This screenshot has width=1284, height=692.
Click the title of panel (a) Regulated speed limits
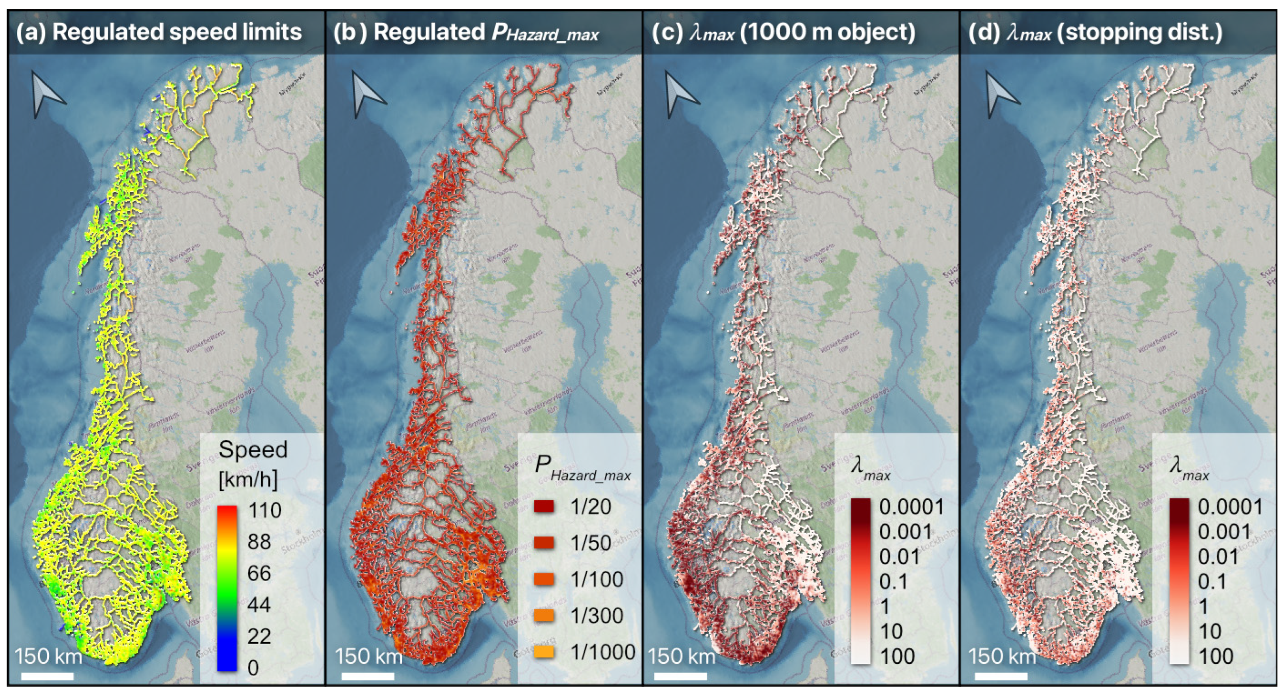[x=159, y=32]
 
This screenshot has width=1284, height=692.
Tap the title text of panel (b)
[x=466, y=32]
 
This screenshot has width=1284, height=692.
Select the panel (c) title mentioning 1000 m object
[x=784, y=32]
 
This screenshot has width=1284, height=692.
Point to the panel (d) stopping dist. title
[x=1095, y=32]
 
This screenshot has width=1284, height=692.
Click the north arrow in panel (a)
[x=46, y=94]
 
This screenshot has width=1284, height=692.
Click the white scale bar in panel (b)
[x=368, y=676]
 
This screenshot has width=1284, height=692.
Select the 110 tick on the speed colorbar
[x=265, y=510]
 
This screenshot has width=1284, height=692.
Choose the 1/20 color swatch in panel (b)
[x=544, y=507]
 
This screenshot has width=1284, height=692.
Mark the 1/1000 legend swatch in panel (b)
[x=544, y=652]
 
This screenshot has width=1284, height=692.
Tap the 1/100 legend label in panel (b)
[x=597, y=579]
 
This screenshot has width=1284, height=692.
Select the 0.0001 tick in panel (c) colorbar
[x=911, y=507]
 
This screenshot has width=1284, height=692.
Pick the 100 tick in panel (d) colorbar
[x=1216, y=656]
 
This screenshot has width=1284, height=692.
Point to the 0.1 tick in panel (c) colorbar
[x=893, y=582]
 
